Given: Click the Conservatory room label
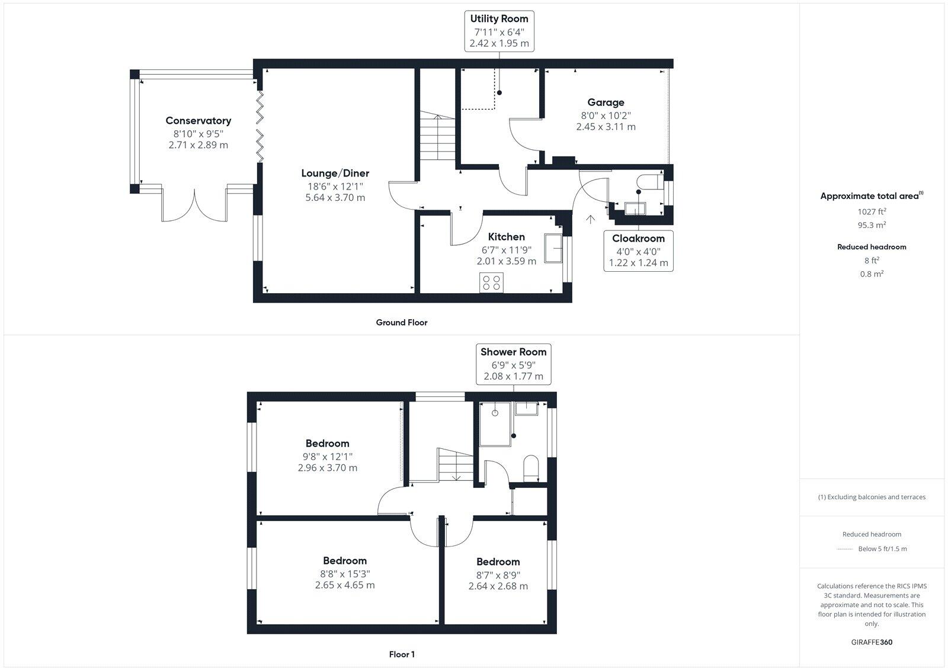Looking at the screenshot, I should click(198, 121).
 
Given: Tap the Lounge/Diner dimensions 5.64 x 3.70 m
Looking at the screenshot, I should click(335, 198).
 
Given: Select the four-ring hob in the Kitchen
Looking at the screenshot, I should click(491, 282).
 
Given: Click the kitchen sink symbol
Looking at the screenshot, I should click(553, 247).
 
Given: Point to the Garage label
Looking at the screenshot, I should click(606, 102).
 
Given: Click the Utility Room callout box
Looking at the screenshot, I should click(499, 31).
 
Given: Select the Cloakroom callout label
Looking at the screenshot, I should click(638, 239).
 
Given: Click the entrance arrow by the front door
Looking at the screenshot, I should click(590, 220).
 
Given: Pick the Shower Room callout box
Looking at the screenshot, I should click(513, 364).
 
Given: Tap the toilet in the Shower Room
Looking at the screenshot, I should click(531, 467).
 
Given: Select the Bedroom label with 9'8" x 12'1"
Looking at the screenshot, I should click(327, 444).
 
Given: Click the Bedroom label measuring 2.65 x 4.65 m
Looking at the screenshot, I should click(344, 561).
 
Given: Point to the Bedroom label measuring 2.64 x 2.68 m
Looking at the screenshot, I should click(498, 562).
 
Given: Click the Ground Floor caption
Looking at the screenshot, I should click(401, 323).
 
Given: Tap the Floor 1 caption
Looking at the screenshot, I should click(402, 654).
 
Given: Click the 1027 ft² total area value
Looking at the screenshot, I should click(871, 211).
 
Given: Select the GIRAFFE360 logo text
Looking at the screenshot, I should click(871, 642).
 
